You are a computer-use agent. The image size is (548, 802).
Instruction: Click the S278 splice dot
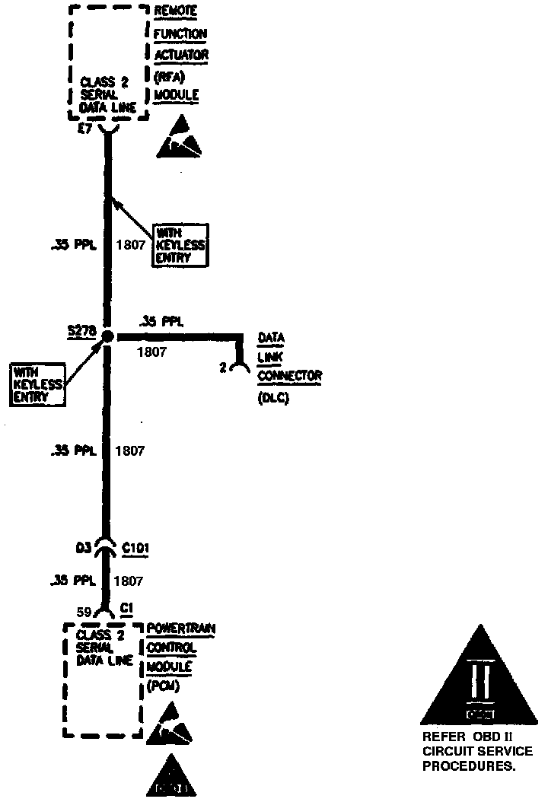pyautogui.click(x=107, y=336)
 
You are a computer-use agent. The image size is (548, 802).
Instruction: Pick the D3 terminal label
pyautogui.click(x=84, y=546)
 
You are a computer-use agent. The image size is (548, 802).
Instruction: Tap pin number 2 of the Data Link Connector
pyautogui.click(x=223, y=368)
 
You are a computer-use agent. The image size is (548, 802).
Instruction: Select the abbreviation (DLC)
pyautogui.click(x=274, y=396)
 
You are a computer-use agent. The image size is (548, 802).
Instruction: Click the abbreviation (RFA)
pyautogui.click(x=169, y=75)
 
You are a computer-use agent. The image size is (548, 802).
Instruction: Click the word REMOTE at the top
pyautogui.click(x=176, y=13)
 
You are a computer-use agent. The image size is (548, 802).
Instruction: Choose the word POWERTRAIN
pyautogui.click(x=181, y=629)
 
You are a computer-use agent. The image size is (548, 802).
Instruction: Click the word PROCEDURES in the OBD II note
pyautogui.click(x=468, y=766)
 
